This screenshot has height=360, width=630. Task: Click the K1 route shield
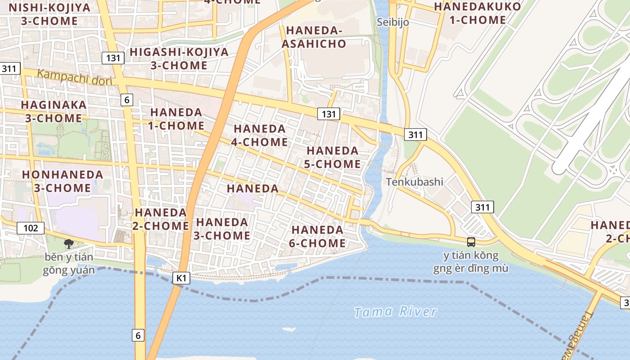coord(181,278)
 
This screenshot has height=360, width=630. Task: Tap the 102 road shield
coord(31,228)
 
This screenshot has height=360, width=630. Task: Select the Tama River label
coord(395,312)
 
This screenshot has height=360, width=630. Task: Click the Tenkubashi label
coord(414,182)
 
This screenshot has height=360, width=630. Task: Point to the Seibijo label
coord(393,22)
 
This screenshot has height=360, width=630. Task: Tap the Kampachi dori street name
coord(75,77)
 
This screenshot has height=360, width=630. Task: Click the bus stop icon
coord(471,242)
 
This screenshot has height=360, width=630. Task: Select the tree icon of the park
coord(69,244)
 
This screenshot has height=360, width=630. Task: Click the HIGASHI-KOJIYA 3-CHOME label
coord(179,58)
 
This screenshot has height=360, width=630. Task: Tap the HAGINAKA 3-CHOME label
coord(54,111)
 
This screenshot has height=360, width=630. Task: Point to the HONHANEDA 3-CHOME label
coord(63,181)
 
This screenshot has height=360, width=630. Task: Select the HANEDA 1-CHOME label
coord(176,119)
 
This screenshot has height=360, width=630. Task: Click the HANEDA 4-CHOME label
coord(260,135)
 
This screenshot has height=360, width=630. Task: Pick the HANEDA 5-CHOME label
coord(332,157)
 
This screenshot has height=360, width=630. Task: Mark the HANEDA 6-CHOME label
coord(318,237)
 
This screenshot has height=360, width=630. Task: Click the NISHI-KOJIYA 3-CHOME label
coord(49,14)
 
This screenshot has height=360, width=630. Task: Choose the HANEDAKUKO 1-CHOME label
coord(477,13)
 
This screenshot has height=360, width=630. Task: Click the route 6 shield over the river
coord(138,335)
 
